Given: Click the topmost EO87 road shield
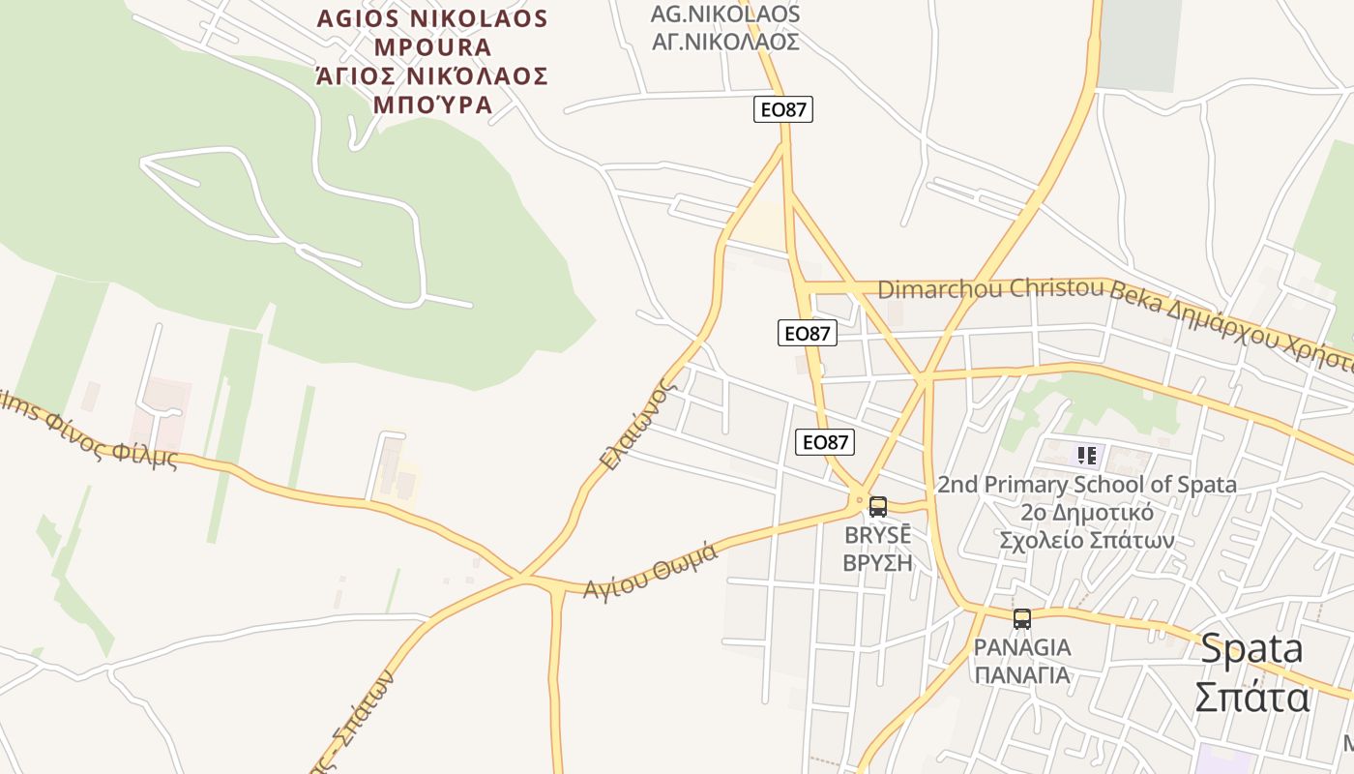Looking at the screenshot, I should coord(783,109).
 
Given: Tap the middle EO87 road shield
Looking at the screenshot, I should coord(807,333).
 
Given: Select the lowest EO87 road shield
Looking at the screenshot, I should coord(825,442).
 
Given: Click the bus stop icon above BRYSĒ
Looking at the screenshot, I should coord(878,506).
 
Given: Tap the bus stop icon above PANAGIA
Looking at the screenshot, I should coord(1021,618).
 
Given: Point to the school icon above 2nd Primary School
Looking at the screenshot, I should coord(1086,455).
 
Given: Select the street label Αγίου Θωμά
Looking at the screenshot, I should coord(651,570).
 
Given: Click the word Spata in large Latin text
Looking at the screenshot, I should coord(1251,648).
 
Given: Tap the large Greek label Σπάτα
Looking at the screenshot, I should coord(1251,697).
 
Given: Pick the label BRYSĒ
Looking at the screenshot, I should coord(878,535).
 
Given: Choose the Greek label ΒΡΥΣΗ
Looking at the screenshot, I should coord(878,561).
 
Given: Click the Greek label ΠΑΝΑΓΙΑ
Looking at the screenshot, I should coord(1022,674).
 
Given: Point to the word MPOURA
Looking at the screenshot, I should coord(432,47).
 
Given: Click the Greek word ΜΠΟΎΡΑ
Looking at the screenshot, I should coord(432,104).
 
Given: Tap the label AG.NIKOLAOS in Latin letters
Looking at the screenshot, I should coord(725,15).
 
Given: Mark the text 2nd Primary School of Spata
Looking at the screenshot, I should coord(1086,485).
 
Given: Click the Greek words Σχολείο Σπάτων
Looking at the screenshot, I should coord(1086,540).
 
